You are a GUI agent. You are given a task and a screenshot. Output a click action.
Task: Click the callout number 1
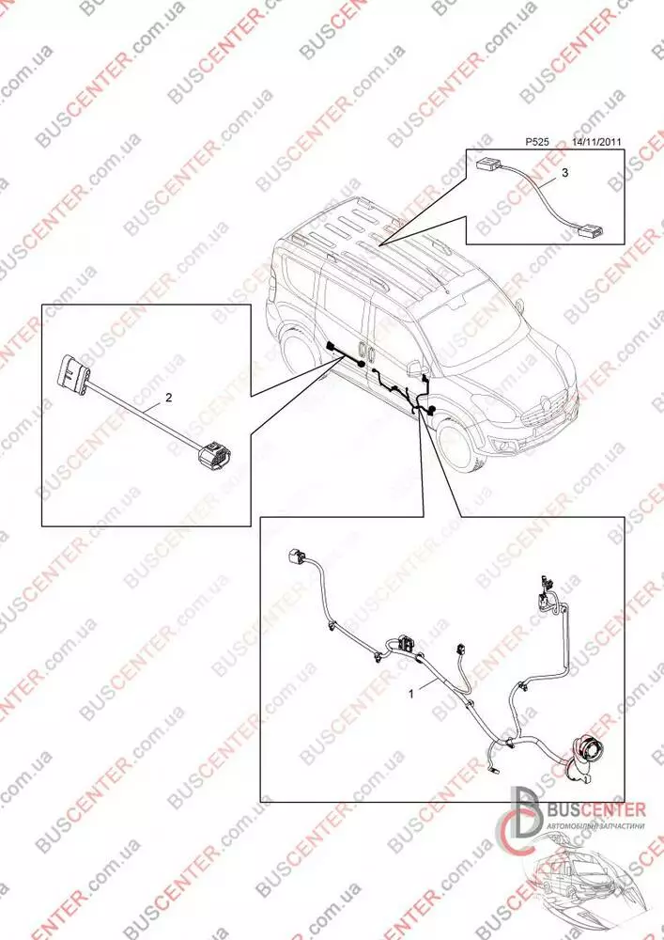point(411,694)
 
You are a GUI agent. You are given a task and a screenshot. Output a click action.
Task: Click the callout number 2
point(169,397)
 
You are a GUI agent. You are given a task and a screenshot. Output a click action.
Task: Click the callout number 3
point(565,173)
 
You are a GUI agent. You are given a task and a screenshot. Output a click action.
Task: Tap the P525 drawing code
point(536,142)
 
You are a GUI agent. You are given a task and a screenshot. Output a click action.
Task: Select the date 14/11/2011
point(596,142)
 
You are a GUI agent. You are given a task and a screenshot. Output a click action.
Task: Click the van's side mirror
point(414,367)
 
